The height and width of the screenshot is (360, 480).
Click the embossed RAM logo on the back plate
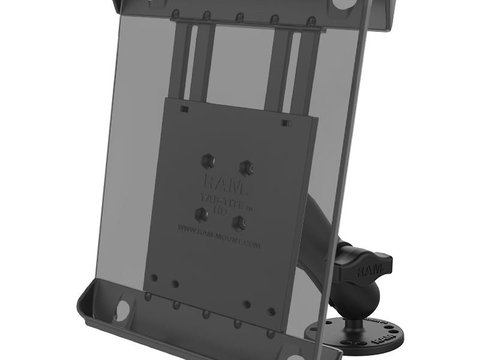(x=223, y=182)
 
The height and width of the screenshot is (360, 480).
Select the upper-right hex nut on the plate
(x=245, y=166)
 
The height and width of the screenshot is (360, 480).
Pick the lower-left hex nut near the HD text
(x=202, y=214)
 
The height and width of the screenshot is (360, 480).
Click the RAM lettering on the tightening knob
(x=368, y=272)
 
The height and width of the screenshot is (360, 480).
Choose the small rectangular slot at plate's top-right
(x=286, y=123)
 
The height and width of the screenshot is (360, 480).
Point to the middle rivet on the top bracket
(x=239, y=17)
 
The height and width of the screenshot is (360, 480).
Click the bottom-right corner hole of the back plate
(x=271, y=311)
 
